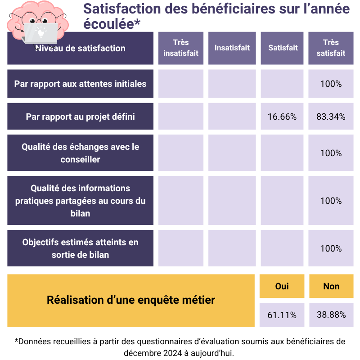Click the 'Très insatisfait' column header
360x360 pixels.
180,48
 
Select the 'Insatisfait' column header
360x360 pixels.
232,48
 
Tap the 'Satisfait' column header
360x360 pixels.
283,48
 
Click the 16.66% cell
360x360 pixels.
282,117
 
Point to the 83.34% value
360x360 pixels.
331,117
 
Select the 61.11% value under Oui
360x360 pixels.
282,315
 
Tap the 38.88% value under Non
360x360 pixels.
331,315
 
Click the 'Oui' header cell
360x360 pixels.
282,286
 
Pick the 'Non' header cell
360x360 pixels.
331,286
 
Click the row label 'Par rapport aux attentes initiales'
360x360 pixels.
80,84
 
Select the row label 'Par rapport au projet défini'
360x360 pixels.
80,117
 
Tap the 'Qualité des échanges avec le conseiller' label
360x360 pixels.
80,153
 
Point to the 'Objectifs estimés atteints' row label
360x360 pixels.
80,248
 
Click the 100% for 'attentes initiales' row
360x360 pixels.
331,84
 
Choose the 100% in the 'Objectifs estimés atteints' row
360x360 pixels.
331,248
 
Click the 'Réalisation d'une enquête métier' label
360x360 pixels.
131,300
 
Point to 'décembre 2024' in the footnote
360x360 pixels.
153,352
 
